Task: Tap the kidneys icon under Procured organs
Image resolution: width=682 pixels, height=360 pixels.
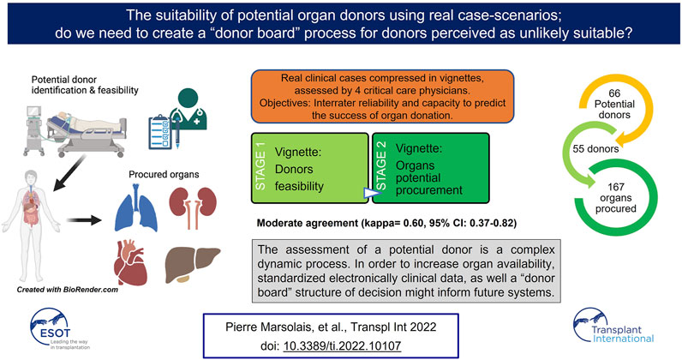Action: point(193,207)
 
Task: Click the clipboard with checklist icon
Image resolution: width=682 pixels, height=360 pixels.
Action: point(160,132)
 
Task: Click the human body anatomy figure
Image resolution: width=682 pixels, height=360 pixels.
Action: point(31,225)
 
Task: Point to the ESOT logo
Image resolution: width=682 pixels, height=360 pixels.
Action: point(61,328)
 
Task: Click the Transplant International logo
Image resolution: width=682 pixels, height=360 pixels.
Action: point(613,327)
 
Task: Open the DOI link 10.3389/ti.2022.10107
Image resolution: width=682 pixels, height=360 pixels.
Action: point(343,345)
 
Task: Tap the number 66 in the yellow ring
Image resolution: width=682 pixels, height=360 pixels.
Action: point(614,93)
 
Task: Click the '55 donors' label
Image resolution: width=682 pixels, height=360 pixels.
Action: point(595,149)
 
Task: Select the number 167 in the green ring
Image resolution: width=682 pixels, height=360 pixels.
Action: point(616,187)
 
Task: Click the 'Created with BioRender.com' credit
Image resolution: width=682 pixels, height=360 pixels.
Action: point(68,290)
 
